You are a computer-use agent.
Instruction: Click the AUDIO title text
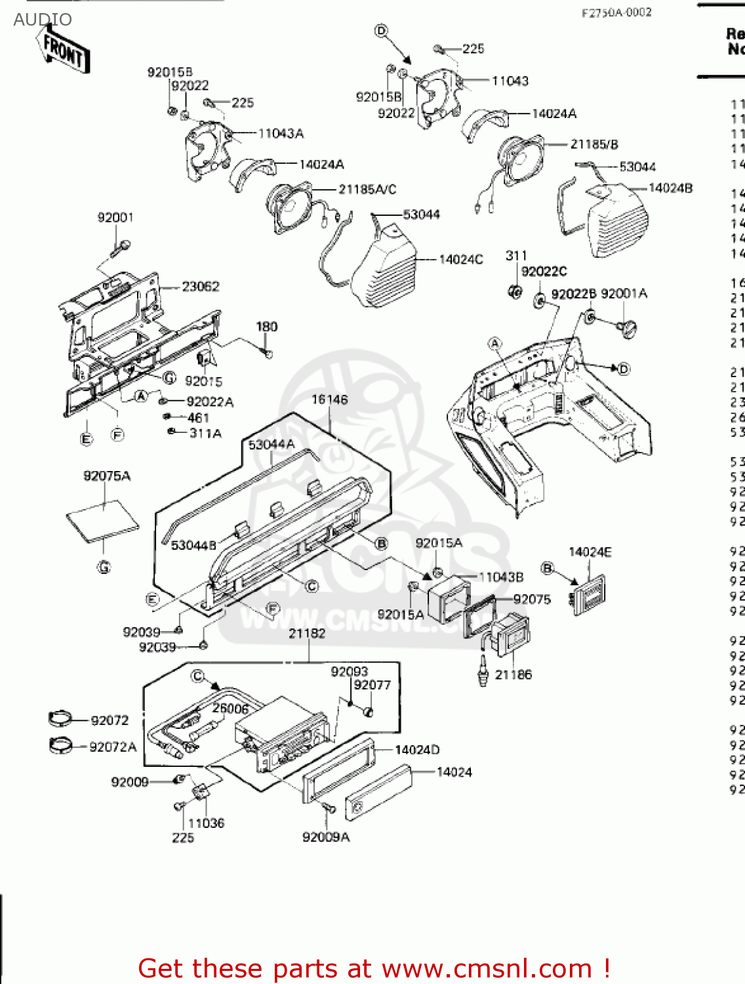pos(43,20)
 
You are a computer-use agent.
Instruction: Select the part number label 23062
pos(201,287)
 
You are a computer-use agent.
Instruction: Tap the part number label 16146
pos(329,400)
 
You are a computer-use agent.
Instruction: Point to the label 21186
pos(513,674)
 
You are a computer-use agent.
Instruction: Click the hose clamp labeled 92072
pos(63,719)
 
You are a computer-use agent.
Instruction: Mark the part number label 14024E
pos(590,552)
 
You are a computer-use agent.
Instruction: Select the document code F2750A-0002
pos(616,12)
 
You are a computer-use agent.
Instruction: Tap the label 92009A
pos(326,837)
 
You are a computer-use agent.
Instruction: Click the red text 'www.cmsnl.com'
pos(487,968)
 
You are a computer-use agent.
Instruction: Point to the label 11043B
pos(501,577)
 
